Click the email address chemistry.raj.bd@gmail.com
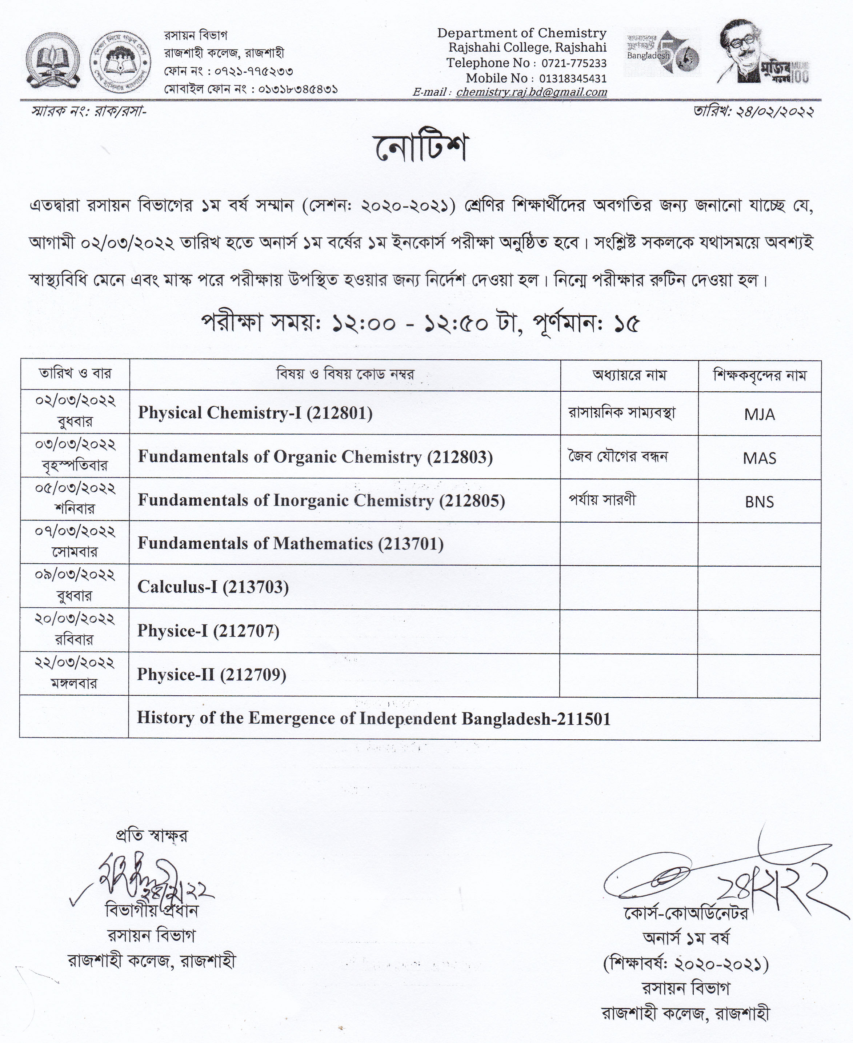531,92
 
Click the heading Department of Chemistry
522,33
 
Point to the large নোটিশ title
421,147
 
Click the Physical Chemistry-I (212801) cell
255,413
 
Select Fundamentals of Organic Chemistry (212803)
315,457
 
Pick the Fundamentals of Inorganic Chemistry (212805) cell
321,500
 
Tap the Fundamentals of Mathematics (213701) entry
291,544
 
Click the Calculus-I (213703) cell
213,587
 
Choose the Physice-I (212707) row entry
208,631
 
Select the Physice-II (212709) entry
211,674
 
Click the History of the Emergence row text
373,718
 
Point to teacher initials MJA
759,414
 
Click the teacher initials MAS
759,458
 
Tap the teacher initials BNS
759,502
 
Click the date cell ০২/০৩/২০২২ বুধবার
75,411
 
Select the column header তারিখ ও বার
75,373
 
